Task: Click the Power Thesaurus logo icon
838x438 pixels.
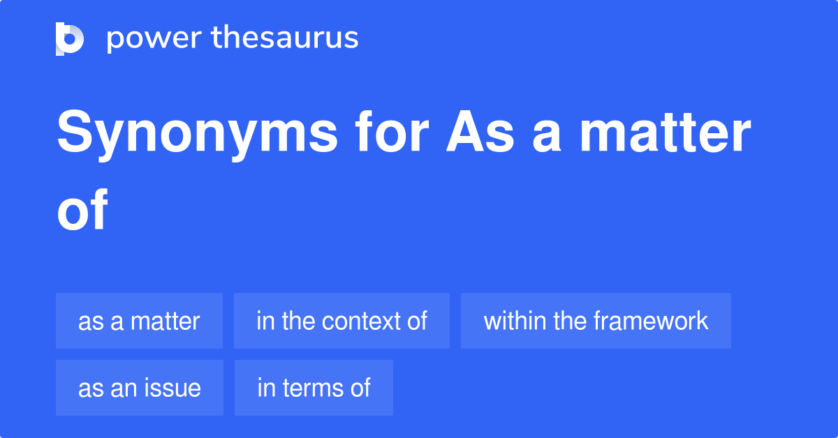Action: coord(70,38)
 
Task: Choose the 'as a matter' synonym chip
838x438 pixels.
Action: coord(139,321)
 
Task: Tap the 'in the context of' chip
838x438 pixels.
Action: coord(341,321)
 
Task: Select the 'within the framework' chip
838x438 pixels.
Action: coord(596,321)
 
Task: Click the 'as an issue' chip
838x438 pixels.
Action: coord(139,388)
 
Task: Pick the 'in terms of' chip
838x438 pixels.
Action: coord(314,388)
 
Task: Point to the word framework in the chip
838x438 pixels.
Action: coord(650,321)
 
